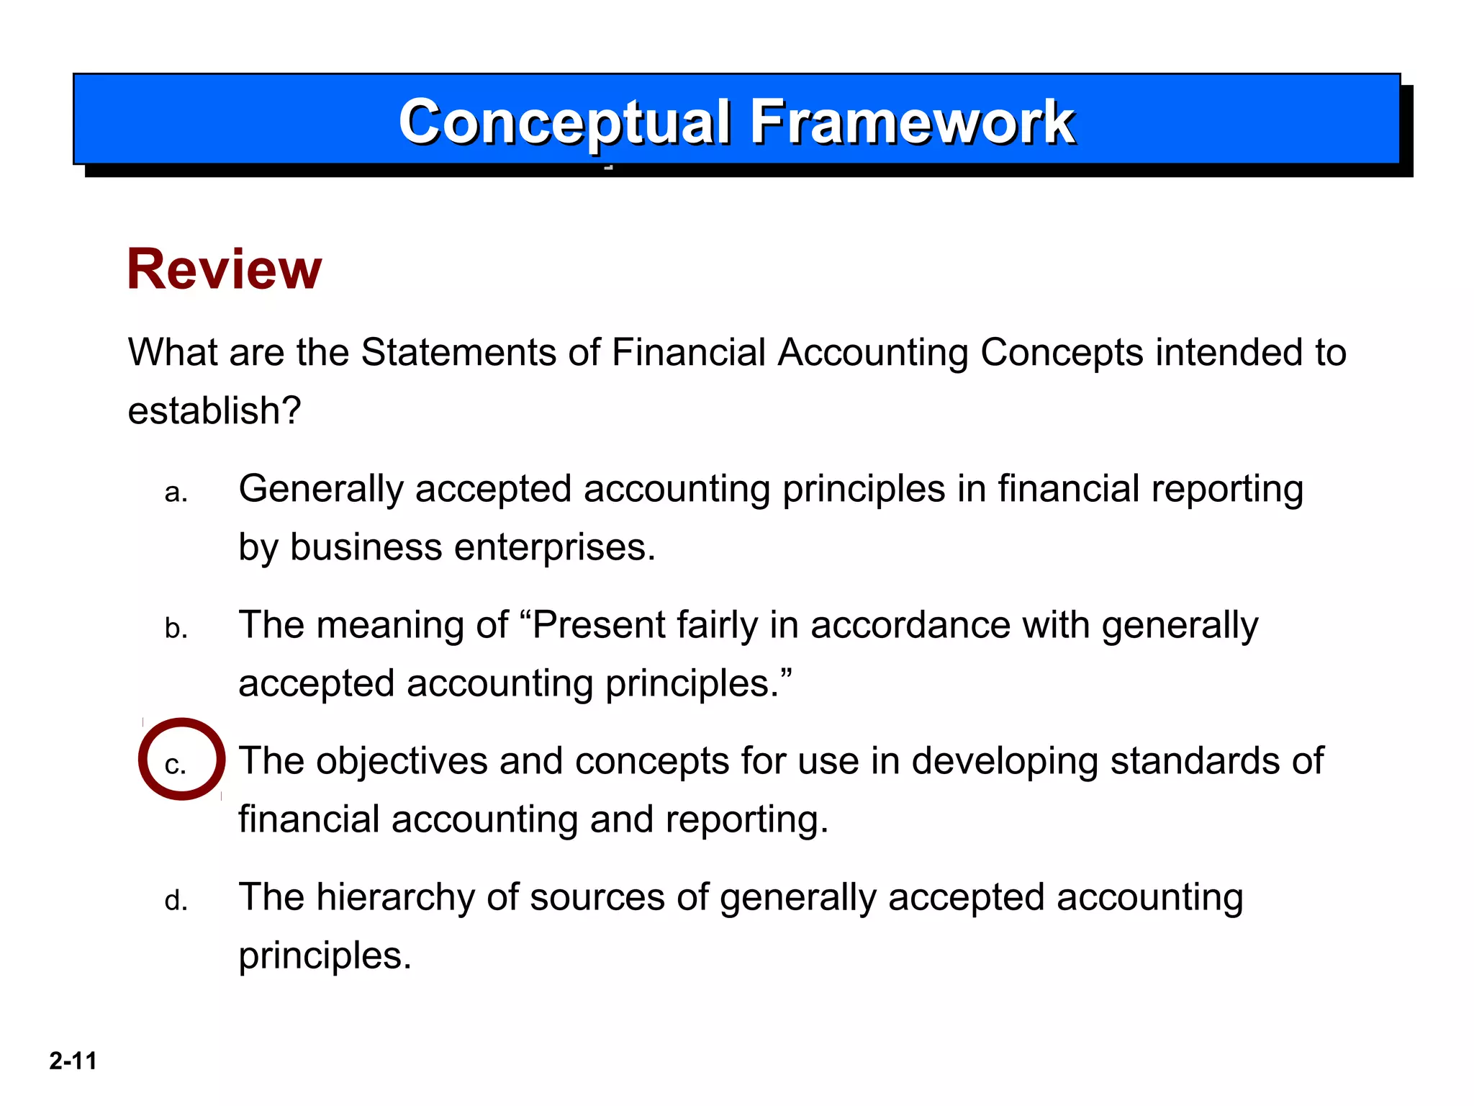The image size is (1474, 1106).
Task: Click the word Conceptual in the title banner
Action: tap(565, 122)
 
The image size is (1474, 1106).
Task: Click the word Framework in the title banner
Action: tap(912, 122)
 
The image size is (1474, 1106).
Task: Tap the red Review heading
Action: tap(224, 269)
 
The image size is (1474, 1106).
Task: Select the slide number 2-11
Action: tap(73, 1061)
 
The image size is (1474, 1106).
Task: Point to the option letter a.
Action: tap(176, 493)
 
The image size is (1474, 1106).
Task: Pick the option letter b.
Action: tap(176, 629)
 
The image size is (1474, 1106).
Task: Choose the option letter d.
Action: tap(176, 901)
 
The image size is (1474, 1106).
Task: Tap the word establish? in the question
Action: tap(214, 411)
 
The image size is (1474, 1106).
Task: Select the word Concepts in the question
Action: tap(1062, 353)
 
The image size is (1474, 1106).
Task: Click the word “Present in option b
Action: tap(598, 625)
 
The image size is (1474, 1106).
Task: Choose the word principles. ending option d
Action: tap(325, 956)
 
